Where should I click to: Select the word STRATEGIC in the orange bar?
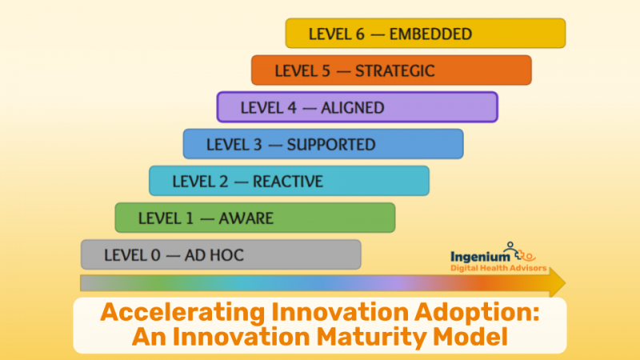(x=396, y=71)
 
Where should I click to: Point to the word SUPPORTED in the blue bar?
(x=331, y=145)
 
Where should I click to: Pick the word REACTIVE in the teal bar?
(x=288, y=182)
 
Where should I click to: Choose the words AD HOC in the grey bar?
(x=214, y=256)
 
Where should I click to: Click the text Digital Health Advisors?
(x=498, y=269)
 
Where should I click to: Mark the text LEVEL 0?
(x=131, y=256)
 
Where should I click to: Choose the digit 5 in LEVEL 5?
(x=326, y=71)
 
